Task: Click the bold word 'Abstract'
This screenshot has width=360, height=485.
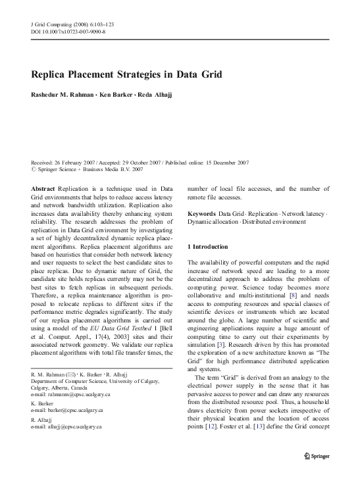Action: tap(43, 188)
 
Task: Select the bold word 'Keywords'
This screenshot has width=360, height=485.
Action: tap(201, 214)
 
